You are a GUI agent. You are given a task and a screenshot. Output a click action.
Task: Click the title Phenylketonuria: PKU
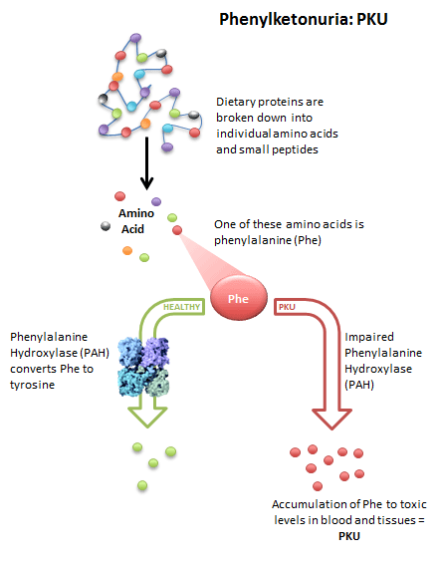click(304, 19)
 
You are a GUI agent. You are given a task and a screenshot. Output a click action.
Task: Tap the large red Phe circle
click(239, 298)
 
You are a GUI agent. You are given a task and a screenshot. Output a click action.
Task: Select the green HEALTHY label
click(181, 307)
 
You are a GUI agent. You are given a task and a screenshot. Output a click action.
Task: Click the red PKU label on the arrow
click(287, 307)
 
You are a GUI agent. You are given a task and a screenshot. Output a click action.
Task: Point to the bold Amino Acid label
click(136, 221)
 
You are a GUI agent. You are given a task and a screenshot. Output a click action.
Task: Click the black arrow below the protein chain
click(146, 163)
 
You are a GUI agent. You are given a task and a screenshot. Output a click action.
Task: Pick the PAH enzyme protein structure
click(143, 367)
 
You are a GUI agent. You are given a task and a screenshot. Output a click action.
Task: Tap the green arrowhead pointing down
click(147, 417)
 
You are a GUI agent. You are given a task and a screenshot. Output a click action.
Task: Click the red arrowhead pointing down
click(331, 419)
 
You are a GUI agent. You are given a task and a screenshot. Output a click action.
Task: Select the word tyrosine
click(33, 385)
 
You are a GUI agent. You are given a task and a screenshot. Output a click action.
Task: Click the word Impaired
click(369, 337)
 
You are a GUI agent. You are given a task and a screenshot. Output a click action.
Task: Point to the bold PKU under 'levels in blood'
click(349, 536)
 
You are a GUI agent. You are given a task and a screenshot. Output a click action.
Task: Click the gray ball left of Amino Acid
click(106, 226)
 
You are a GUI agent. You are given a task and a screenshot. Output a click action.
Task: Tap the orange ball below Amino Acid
click(127, 250)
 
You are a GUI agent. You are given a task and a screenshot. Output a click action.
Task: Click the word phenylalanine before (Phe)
click(253, 240)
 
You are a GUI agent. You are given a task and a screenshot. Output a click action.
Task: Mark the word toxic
click(412, 504)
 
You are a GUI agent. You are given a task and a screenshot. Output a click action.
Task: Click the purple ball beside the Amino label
click(156, 201)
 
